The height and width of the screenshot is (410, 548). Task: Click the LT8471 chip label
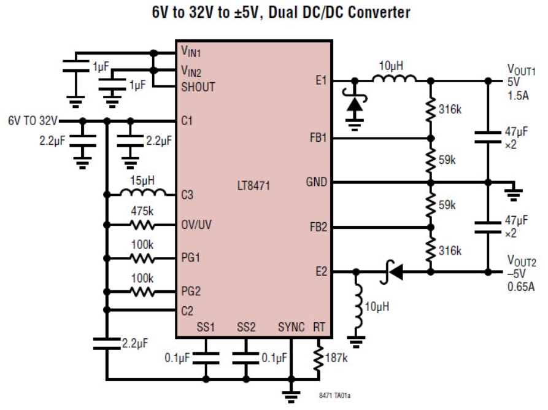pos(254,185)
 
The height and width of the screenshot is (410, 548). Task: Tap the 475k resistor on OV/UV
pos(143,225)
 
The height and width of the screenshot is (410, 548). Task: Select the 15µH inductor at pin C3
pos(143,194)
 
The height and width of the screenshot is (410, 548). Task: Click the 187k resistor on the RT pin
pos(318,359)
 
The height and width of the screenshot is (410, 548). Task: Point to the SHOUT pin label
pos(198,87)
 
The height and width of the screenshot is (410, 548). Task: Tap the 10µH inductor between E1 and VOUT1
pos(395,79)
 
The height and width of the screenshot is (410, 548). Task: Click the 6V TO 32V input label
pos(32,120)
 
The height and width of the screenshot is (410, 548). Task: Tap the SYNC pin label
pos(291,327)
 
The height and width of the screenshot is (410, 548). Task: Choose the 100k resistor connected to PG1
pos(143,258)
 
